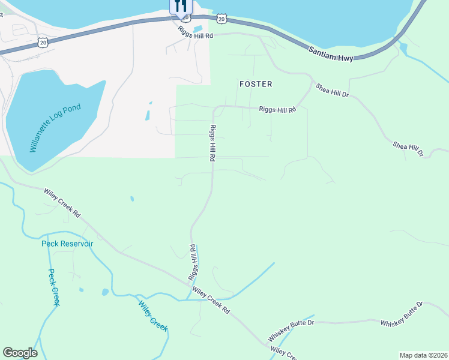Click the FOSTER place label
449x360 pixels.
click(256, 84)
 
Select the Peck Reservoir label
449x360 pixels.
click(67, 244)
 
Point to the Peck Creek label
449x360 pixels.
click(54, 287)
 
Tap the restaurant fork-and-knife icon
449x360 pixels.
click(181, 7)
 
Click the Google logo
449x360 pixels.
click(20, 353)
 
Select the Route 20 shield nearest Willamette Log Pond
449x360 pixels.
click(42, 41)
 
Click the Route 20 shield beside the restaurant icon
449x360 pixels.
click(222, 19)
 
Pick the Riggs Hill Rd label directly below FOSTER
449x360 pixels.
click(278, 110)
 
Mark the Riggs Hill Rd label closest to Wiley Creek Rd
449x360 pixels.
click(193, 263)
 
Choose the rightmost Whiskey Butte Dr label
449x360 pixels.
click(402, 314)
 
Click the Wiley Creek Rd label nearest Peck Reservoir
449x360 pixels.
click(62, 203)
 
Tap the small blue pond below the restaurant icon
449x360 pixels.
click(197, 29)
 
